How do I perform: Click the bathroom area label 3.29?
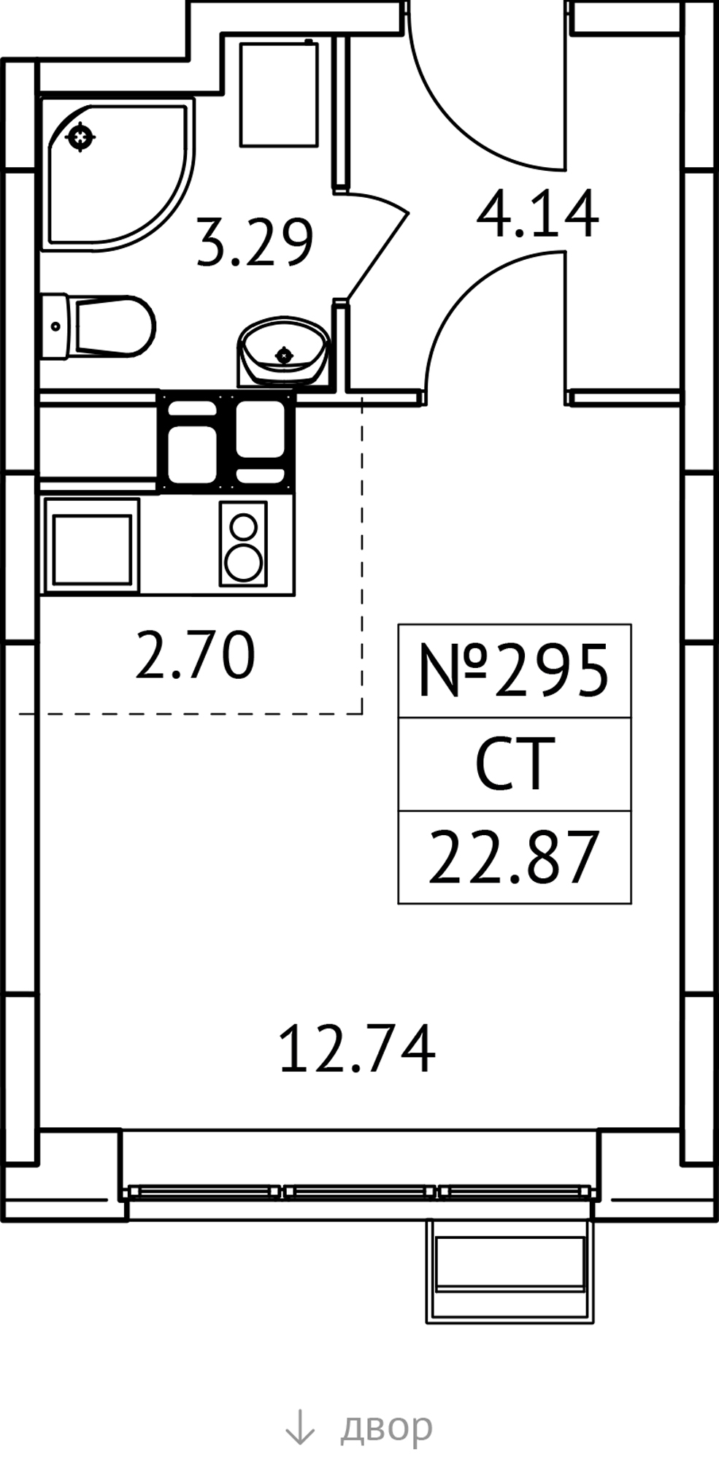click(x=255, y=242)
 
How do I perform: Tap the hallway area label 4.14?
click(x=537, y=214)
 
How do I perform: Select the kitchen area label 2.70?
click(x=196, y=655)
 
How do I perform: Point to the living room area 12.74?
click(x=357, y=1049)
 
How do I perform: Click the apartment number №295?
click(x=514, y=670)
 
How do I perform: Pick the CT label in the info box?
click(x=511, y=764)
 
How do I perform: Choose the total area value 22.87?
click(x=514, y=858)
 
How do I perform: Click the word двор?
click(x=386, y=1426)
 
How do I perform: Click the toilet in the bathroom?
click(x=98, y=326)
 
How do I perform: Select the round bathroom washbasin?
click(x=282, y=350)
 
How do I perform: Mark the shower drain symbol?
click(x=80, y=137)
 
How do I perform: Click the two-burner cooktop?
click(x=243, y=543)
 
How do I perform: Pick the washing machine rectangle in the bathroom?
click(x=279, y=93)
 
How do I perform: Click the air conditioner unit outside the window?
click(x=510, y=1271)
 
